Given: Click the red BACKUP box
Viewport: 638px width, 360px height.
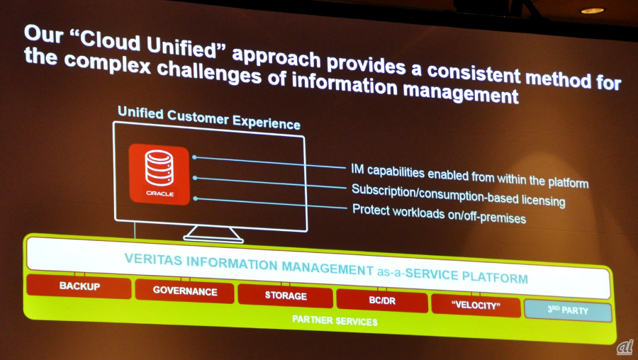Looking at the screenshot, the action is [x=79, y=286].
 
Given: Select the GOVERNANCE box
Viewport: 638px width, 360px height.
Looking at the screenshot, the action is [x=185, y=291].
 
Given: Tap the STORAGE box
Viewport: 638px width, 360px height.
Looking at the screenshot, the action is [x=285, y=296].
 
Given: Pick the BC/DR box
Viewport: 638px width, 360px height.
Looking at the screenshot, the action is [x=382, y=301].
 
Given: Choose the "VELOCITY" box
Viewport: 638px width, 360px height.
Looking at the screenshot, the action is [x=476, y=305].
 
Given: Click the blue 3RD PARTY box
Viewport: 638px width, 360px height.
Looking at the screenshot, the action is [x=568, y=310].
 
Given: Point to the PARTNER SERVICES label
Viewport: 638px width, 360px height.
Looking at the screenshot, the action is [x=335, y=321].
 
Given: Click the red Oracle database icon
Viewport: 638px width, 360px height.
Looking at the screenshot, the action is [x=159, y=174].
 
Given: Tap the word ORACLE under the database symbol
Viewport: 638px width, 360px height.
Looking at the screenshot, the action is [x=160, y=193].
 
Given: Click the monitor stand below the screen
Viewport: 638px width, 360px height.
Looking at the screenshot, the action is [x=213, y=235].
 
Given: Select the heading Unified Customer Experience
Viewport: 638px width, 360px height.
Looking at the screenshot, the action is [x=208, y=118].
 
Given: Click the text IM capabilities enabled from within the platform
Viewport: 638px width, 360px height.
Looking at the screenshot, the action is [x=470, y=176].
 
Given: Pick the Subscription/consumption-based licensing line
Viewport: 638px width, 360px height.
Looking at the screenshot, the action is [x=458, y=196].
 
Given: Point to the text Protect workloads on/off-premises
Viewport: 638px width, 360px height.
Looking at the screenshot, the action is [x=439, y=214].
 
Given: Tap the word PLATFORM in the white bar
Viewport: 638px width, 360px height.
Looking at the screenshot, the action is [x=495, y=277].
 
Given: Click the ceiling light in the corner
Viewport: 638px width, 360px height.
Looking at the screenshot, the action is [x=592, y=11].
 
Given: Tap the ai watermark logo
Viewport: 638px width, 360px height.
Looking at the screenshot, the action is [x=625, y=347].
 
